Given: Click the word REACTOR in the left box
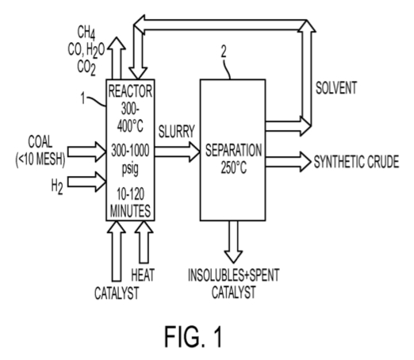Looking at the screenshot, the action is [130, 91].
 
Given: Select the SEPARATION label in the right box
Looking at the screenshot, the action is [234, 150].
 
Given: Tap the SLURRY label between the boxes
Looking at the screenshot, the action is [177, 132].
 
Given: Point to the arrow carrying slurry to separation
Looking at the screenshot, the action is [177, 151].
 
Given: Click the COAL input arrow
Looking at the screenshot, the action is [86, 151].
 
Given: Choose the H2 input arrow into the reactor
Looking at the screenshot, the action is [86, 182].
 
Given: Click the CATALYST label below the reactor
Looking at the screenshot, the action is [117, 293].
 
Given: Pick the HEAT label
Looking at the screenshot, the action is [143, 274].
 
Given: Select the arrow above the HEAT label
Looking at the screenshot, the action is [144, 242].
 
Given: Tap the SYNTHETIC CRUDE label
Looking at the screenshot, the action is [356, 162].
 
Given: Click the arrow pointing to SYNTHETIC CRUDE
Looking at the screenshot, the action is [289, 162].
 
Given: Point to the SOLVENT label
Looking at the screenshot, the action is [336, 88].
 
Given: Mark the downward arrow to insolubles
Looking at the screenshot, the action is [233, 242].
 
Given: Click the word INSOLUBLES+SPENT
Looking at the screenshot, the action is [234, 275].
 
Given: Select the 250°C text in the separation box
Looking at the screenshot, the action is [234, 167].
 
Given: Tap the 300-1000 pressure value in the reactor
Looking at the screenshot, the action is [130, 151].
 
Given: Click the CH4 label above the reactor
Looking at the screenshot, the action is [86, 33].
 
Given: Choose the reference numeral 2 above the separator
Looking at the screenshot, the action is [224, 52].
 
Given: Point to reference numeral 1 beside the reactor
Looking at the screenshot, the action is [83, 98].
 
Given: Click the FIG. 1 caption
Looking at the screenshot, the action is [194, 336].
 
